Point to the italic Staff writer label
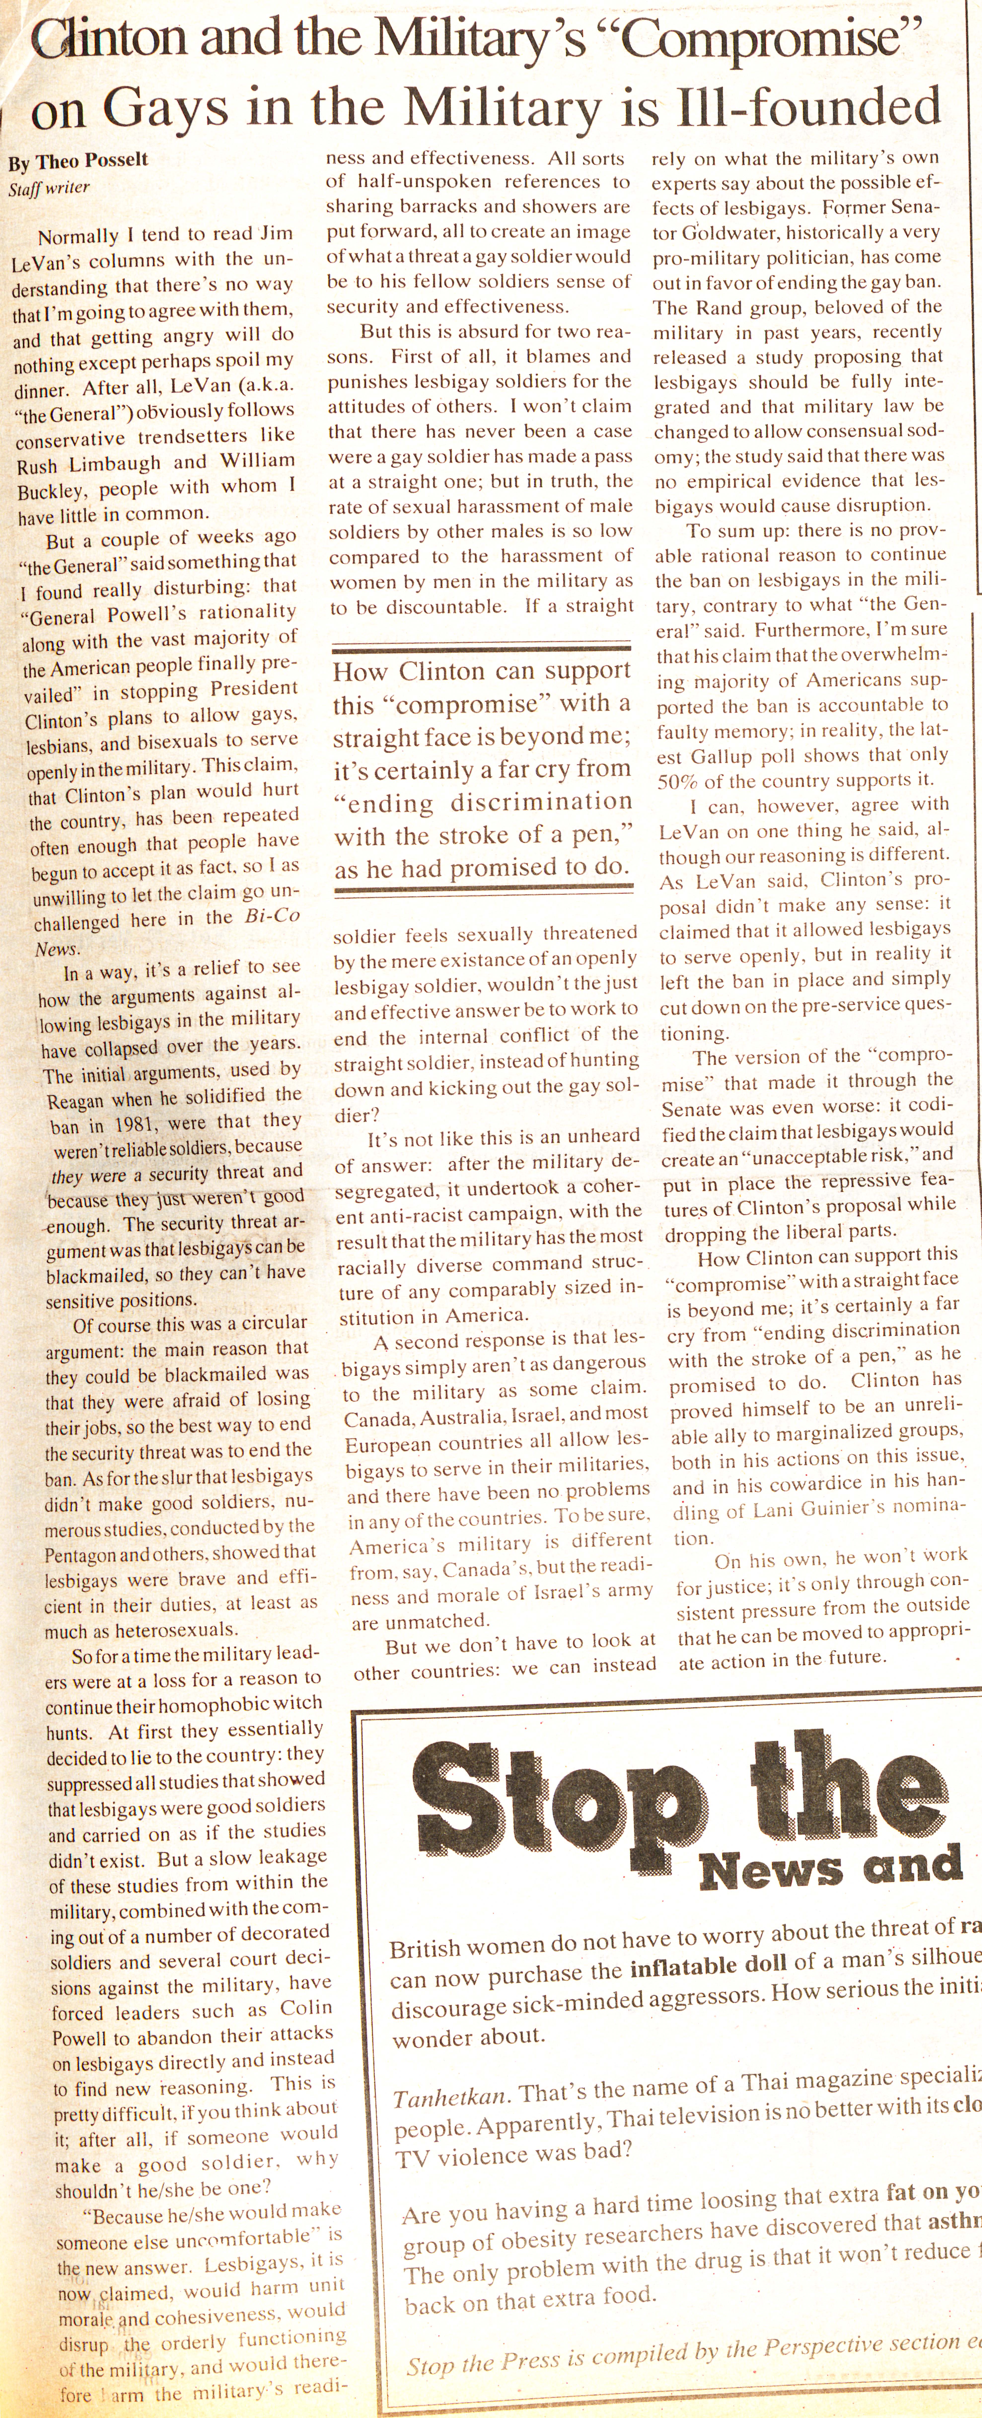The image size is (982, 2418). click(49, 188)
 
